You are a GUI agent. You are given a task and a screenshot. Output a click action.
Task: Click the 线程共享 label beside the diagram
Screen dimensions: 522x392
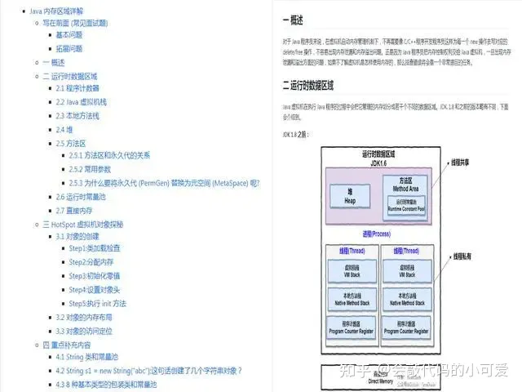(x=466, y=163)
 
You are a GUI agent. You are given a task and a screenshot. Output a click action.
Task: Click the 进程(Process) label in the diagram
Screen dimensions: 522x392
(x=378, y=234)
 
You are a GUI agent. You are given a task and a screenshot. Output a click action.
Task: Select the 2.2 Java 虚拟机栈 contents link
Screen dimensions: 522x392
(x=81, y=101)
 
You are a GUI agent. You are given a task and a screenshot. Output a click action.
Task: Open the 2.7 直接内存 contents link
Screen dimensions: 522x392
(x=74, y=211)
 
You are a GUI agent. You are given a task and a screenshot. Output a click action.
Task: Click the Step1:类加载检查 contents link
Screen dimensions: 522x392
(x=95, y=247)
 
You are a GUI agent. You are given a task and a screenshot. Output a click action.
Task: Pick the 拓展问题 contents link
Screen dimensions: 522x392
(x=69, y=49)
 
